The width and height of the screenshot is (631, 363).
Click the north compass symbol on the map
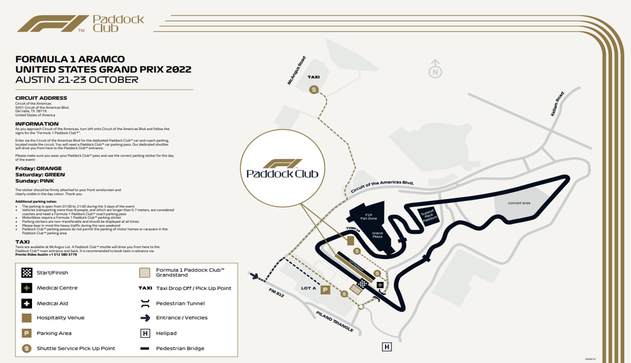pos(435,69)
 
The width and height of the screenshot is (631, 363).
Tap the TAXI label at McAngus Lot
pos(314,77)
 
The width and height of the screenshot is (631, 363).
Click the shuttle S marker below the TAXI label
pos(314,90)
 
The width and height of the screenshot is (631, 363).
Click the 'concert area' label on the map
pos(518,203)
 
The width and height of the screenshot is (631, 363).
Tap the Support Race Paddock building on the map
pos(428,216)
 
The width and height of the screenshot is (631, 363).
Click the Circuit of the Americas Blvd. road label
pos(381,187)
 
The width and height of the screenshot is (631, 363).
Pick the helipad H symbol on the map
pos(387,348)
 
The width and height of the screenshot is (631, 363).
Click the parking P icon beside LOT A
pos(326,290)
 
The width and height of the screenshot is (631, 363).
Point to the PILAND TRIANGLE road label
pos(335,322)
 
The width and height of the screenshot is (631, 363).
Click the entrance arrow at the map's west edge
pos(254,277)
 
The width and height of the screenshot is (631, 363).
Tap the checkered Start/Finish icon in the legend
pos(26,273)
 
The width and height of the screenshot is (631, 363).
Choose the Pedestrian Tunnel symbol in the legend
pos(145,303)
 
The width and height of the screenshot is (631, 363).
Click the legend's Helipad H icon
pos(145,333)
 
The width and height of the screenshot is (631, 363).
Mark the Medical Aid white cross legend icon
pos(26,303)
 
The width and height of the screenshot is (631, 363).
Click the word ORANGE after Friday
pos(49,168)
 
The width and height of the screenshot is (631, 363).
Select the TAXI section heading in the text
pos(22,242)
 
